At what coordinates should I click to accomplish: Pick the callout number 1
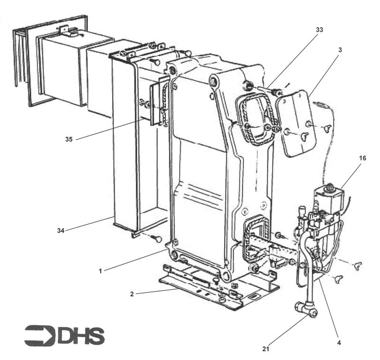click(x=101, y=271)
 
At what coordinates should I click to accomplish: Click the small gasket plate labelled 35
click(x=156, y=105)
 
